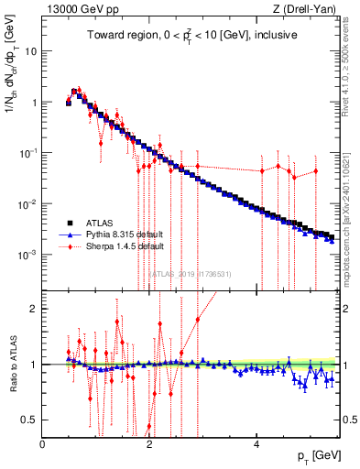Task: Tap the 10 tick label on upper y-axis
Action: coord(30,51)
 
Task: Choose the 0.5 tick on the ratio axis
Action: coord(30,420)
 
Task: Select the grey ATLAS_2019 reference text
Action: coord(191,273)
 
